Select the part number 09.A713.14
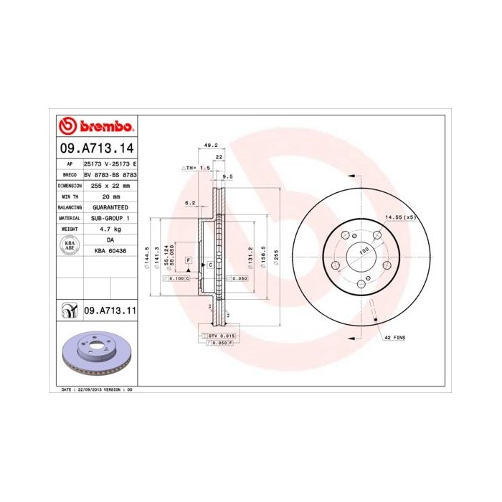[x=95, y=148]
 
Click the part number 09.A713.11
[x=110, y=311]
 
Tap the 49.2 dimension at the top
[x=211, y=145]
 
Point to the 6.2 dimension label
[x=190, y=203]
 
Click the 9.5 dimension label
[x=228, y=176]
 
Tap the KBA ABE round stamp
[x=70, y=245]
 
